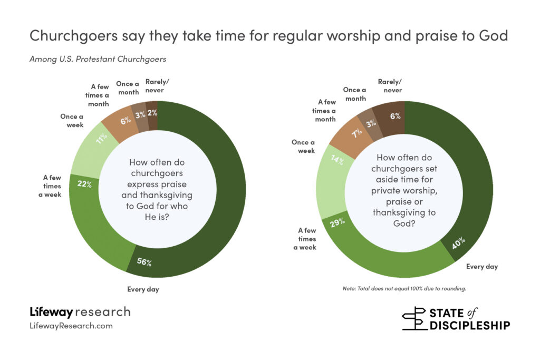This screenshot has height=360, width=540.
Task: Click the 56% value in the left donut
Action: tap(143, 261)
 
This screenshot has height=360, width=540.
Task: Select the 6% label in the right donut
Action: tap(393, 116)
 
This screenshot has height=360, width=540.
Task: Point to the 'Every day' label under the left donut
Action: tap(143, 289)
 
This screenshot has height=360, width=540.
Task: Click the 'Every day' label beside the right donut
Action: tap(481, 266)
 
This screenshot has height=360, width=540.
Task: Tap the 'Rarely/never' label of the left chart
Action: tap(155, 85)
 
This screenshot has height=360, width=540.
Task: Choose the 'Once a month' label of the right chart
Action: tap(354, 94)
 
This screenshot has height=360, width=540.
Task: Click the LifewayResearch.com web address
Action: tap(71, 326)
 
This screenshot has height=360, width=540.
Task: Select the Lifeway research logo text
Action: tap(80, 312)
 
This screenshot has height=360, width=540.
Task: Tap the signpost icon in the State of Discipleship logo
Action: tap(416, 318)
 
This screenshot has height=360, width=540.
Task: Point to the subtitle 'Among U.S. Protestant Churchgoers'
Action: tap(98, 59)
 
